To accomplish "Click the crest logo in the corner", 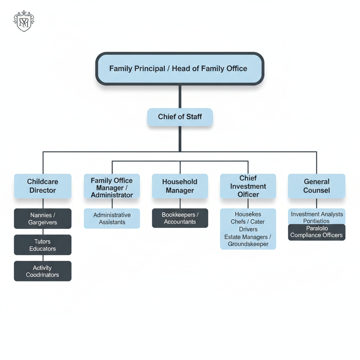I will click(x=24, y=21).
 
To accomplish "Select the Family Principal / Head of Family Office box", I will click(x=180, y=69).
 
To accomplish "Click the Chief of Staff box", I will click(x=180, y=117).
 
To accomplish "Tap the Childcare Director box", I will click(x=43, y=186).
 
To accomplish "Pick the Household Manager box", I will click(x=180, y=186).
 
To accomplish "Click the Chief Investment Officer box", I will click(x=248, y=186).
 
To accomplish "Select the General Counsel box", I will click(x=316, y=186).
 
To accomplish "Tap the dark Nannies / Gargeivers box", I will click(x=43, y=219).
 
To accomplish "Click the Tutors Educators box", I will click(x=43, y=245).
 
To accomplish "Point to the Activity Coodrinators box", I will click(x=43, y=271).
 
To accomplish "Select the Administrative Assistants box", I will click(x=112, y=218).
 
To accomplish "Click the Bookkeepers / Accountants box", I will click(x=180, y=218).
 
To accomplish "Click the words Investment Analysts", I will click(x=316, y=214).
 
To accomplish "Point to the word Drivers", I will click(x=248, y=229).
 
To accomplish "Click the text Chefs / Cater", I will click(x=248, y=222).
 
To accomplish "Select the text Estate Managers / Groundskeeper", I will click(x=248, y=240).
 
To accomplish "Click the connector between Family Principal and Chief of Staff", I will click(x=180, y=97).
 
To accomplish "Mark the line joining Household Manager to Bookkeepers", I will click(x=180, y=204).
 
